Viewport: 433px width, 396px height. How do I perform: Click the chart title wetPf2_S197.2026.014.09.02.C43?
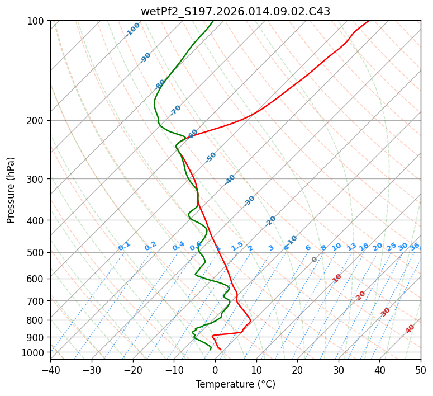coord(235,11)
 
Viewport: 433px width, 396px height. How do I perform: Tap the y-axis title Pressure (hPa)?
coord(11,190)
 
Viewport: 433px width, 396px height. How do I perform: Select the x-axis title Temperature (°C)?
coord(235,385)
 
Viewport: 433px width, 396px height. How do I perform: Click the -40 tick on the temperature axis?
coord(50,370)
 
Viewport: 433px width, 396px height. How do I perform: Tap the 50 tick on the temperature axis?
coord(421,370)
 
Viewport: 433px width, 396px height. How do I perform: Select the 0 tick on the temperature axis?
coord(215,370)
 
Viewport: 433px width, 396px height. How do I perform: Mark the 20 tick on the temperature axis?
coord(297,370)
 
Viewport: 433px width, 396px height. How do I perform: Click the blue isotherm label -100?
coord(132,30)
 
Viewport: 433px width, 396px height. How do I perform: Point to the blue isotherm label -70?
coord(175,110)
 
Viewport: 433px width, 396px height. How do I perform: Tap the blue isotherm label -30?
coord(249,201)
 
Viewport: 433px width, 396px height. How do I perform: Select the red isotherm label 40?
coord(410,329)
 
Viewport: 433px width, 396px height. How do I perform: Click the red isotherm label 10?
coord(337,278)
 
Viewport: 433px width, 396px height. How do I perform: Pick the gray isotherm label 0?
coord(315,260)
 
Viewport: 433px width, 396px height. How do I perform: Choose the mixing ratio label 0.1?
coord(124,246)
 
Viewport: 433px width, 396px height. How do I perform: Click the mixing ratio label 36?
coord(415,246)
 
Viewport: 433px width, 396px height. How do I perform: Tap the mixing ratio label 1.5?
coord(237,246)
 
